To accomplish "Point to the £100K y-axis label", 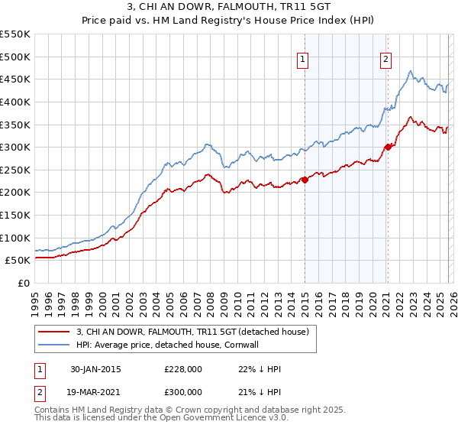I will point(15,238).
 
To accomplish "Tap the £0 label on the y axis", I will point(23,283).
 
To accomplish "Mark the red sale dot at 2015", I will point(305,180).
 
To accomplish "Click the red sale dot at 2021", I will point(388,147).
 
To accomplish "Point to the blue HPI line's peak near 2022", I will point(411,72).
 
